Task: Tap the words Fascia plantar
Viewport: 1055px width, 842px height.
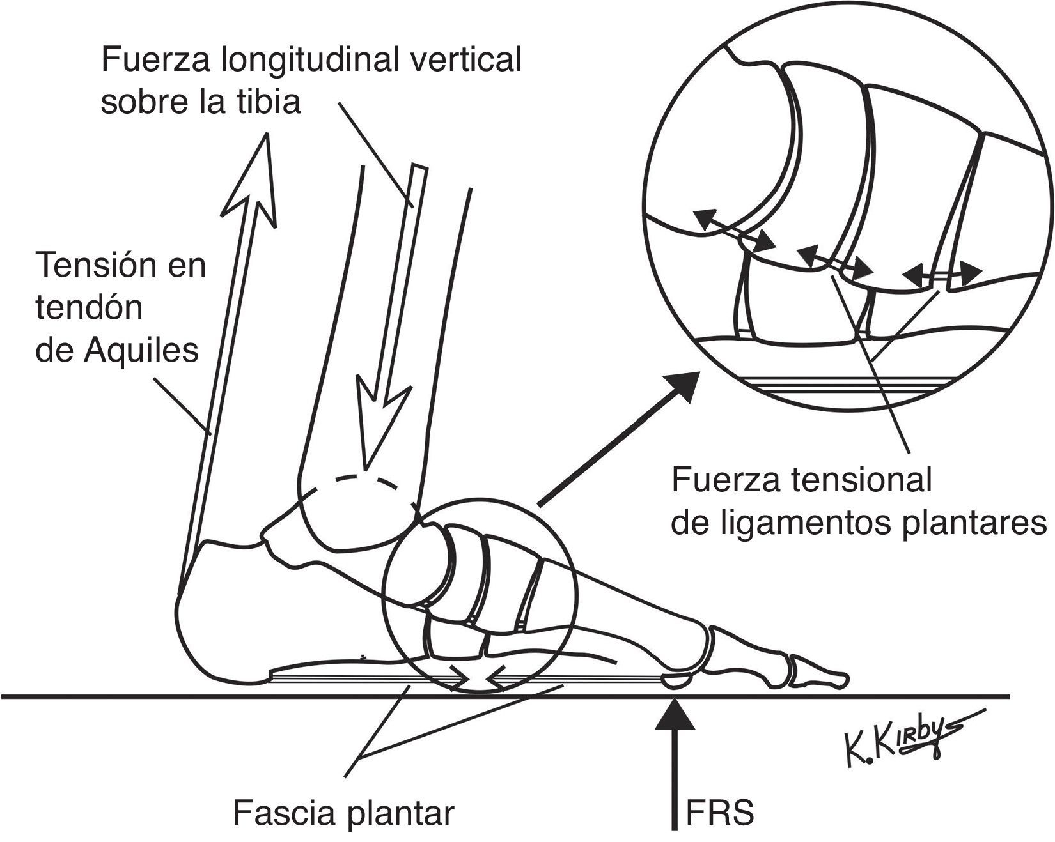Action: [x=343, y=814]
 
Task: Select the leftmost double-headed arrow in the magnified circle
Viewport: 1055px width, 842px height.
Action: [x=735, y=231]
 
